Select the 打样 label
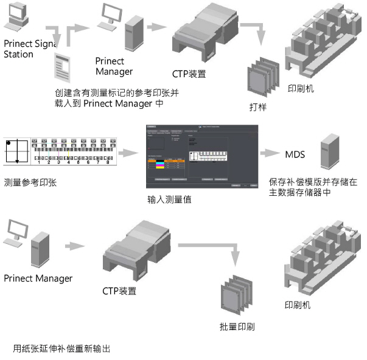click(x=257, y=107)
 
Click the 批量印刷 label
click(x=237, y=327)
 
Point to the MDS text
click(x=295, y=154)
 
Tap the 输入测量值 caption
click(x=169, y=199)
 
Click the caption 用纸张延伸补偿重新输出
click(x=61, y=349)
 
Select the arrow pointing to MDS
click(x=271, y=154)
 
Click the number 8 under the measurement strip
click(x=107, y=162)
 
